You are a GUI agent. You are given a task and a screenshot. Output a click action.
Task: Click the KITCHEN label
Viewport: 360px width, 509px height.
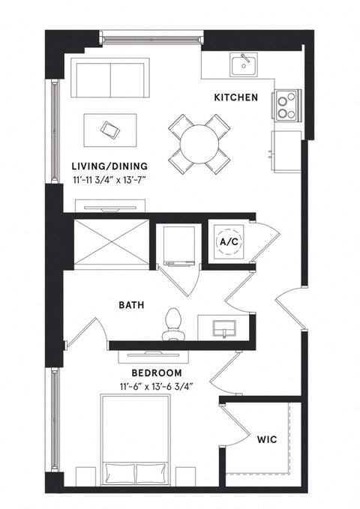click(235, 97)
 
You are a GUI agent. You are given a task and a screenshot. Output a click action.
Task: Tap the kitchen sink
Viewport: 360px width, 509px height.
click(243, 65)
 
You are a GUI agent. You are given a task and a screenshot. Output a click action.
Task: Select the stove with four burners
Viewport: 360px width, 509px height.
click(285, 106)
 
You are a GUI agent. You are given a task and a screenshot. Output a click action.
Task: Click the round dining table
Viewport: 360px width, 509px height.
click(199, 141)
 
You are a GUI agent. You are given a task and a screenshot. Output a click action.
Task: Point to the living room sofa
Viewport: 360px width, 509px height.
click(112, 79)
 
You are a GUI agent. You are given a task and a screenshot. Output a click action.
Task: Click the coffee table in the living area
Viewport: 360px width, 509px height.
click(110, 131)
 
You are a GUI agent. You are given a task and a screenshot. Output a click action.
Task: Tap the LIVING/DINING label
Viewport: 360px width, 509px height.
click(109, 166)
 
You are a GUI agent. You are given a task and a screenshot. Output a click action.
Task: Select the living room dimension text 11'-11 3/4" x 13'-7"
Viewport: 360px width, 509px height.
click(109, 181)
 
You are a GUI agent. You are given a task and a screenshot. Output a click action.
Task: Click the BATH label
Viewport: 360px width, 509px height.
click(131, 306)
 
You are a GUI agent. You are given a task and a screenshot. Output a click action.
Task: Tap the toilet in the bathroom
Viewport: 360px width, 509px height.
click(175, 320)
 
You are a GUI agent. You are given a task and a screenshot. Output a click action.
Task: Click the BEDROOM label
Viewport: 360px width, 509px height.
click(157, 373)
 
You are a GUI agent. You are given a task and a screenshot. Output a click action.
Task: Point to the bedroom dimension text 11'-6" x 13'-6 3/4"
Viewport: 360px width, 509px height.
click(157, 387)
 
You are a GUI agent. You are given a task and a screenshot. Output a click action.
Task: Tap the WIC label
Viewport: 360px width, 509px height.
click(267, 439)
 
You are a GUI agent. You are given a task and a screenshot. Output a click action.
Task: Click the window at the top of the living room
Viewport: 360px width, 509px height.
click(151, 34)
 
